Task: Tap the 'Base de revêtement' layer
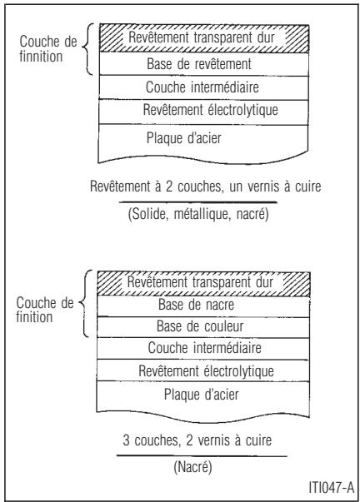point(199,63)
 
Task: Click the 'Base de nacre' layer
point(199,305)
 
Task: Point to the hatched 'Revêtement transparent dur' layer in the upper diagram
point(199,37)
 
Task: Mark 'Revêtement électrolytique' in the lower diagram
point(199,368)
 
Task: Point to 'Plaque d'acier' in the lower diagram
point(199,392)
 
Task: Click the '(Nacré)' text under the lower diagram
point(200,469)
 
